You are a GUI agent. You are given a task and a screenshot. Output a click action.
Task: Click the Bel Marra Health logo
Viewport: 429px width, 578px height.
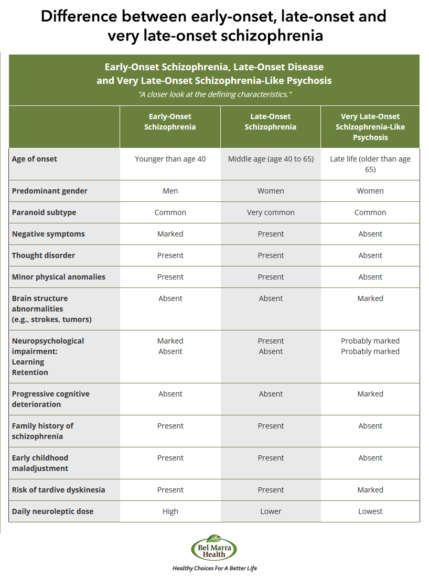tap(214, 548)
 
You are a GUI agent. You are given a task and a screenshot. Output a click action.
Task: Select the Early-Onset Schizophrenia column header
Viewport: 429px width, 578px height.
tap(170, 122)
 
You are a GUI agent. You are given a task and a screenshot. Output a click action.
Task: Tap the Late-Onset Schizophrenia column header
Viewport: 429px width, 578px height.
tap(271, 122)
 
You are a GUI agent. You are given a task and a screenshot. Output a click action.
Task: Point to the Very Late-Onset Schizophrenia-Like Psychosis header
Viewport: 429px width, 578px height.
tap(370, 127)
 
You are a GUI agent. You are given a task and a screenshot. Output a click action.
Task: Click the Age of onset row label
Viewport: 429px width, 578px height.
tap(35, 159)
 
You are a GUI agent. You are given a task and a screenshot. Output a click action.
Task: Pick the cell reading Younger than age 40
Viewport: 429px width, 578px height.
tap(170, 159)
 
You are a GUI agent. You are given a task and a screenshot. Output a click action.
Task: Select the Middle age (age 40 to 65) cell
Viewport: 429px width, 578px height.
tap(271, 159)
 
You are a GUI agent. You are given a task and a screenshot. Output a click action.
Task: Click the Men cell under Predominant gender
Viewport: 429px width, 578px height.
tap(170, 191)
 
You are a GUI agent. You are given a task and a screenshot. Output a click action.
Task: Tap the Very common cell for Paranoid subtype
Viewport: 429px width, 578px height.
tap(271, 212)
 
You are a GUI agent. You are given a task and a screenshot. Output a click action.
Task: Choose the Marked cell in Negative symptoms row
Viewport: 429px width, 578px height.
tap(170, 234)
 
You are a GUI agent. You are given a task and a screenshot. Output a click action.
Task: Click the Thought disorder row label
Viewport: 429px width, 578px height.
tap(44, 255)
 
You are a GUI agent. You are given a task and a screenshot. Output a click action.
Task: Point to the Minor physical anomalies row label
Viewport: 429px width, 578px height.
tap(59, 277)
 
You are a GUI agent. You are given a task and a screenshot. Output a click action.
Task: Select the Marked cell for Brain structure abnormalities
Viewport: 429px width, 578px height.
tap(370, 298)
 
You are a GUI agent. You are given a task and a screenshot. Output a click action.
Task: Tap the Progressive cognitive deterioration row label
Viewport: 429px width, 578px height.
tap(51, 399)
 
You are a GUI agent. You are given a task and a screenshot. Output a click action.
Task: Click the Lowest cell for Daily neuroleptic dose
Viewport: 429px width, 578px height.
tap(370, 511)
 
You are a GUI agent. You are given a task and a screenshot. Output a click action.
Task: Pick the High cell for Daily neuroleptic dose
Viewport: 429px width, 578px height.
tap(170, 511)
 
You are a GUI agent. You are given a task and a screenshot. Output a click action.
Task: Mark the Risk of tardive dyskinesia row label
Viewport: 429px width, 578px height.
tap(59, 490)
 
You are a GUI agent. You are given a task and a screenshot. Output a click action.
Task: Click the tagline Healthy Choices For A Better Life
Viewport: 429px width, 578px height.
tap(214, 568)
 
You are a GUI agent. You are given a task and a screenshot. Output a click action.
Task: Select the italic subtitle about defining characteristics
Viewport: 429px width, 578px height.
tap(214, 94)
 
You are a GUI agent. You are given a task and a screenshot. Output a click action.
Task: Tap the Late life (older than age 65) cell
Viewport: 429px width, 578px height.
tap(370, 164)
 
